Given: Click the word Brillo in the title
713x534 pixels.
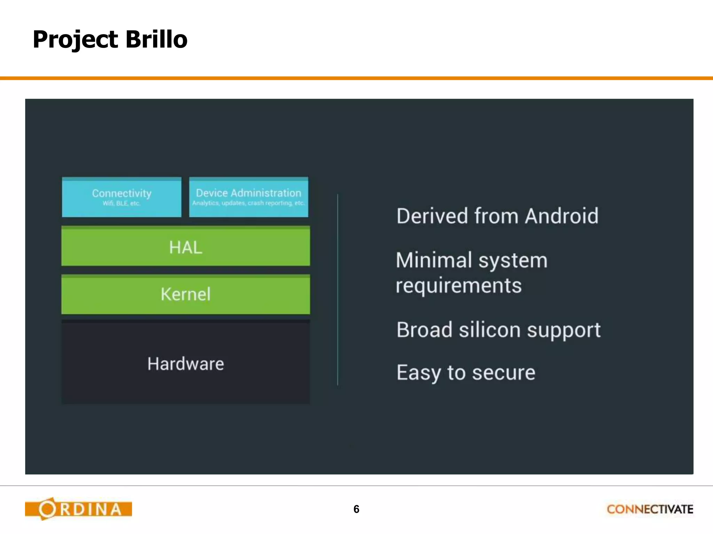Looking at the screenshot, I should click(156, 39).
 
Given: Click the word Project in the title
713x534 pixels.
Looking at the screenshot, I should click(75, 40).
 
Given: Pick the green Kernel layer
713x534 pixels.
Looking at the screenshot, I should click(186, 294).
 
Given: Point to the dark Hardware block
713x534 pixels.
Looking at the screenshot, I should click(186, 364).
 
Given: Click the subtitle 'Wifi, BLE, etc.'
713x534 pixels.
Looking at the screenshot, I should click(122, 203).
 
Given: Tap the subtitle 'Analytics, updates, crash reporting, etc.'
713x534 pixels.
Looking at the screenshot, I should click(248, 203).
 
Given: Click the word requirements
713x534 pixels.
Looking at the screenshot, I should click(459, 286).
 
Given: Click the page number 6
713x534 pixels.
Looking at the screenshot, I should click(356, 509).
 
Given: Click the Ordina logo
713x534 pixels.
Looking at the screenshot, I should click(78, 509).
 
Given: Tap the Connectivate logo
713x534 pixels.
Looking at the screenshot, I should click(650, 509).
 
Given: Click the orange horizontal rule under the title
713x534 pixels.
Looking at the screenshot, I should click(356, 78).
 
